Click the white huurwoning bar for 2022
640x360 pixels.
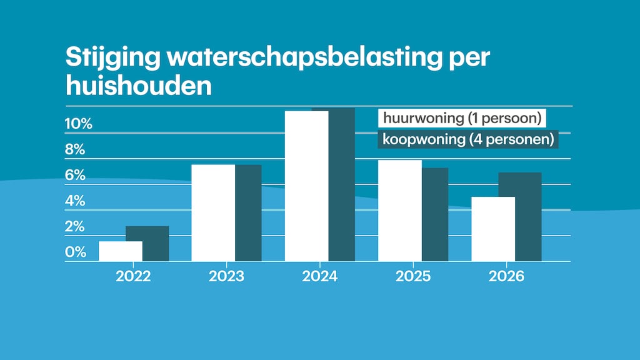(x=121, y=251)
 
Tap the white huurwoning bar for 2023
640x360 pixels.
(x=213, y=212)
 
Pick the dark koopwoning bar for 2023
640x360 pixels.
(x=248, y=212)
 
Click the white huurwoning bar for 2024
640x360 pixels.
(x=307, y=186)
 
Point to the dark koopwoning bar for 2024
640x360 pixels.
(x=342, y=184)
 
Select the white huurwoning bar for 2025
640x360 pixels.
(x=400, y=210)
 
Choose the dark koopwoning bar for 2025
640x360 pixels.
(x=435, y=214)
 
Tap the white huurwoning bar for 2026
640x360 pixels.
(x=493, y=229)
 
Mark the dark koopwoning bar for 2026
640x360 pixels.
(x=528, y=216)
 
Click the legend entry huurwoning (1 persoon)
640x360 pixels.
(x=461, y=118)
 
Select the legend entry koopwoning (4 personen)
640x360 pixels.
(x=468, y=139)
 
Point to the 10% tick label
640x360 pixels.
(x=79, y=124)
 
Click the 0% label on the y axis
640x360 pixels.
(x=75, y=252)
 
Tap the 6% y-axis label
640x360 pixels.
(x=75, y=176)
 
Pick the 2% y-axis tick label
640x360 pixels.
(x=75, y=226)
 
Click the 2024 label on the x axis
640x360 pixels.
(x=319, y=276)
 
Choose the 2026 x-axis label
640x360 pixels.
(x=506, y=276)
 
